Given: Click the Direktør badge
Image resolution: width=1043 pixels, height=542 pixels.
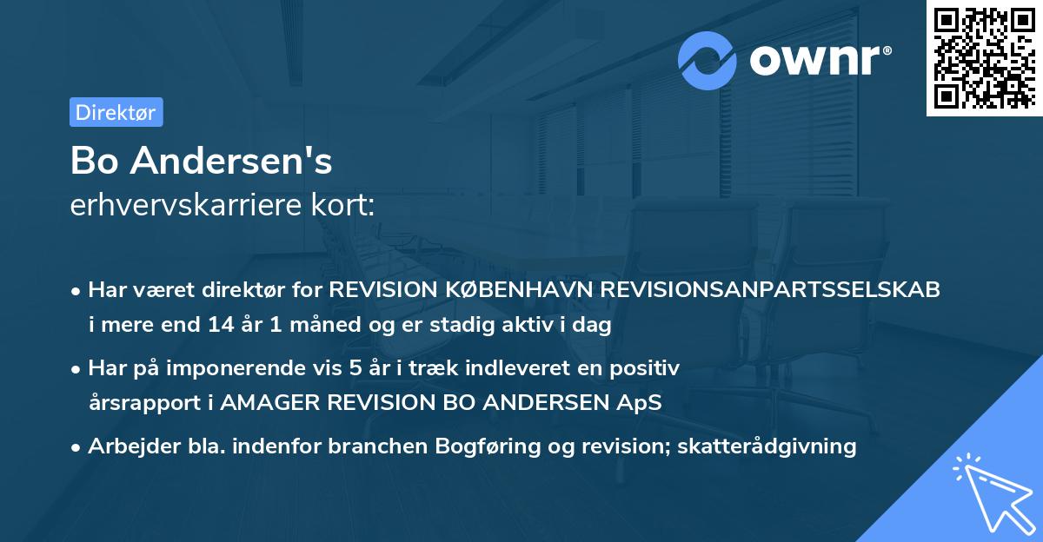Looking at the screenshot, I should click(116, 112).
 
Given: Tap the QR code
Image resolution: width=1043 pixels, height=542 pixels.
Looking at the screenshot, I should click(984, 58).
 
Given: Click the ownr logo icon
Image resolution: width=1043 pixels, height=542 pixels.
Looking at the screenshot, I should click(708, 60).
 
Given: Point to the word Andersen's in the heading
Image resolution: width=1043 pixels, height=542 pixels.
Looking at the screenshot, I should click(230, 162).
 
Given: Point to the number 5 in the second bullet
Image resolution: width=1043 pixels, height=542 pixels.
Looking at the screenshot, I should click(355, 368).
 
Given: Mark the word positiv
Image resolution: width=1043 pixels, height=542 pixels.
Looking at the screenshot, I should click(647, 368).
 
